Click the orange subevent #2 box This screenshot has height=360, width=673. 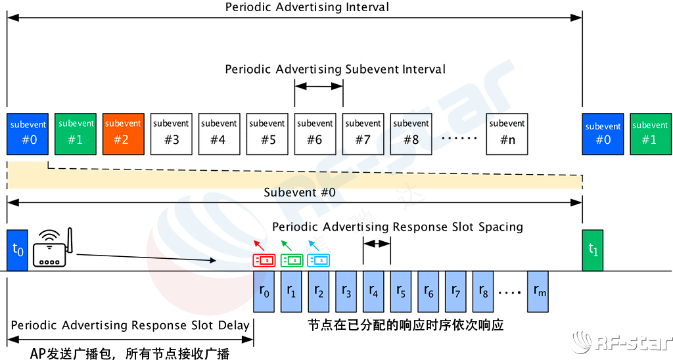coord(124,133)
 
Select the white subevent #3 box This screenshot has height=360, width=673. coord(172,134)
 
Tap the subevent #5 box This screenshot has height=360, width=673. coord(267,134)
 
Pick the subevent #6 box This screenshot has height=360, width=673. coord(315,134)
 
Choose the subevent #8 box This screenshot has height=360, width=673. coord(411,134)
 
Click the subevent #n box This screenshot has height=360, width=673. coord(507,134)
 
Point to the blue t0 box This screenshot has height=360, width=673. coord(19,250)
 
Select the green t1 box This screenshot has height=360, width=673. coord(592,250)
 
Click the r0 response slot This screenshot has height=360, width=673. coord(265,292)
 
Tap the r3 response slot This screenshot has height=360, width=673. coord(347,292)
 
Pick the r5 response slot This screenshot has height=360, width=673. coord(402,292)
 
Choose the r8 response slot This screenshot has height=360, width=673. coord(483,292)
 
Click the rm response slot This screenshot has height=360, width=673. coord(538,292)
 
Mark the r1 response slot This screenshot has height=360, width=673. coord(292,292)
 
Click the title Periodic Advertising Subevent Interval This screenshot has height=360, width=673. coord(335,69)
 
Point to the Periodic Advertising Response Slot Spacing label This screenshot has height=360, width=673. coord(393,227)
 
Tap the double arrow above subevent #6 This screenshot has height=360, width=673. coord(319,86)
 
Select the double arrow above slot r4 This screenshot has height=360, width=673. coord(377,243)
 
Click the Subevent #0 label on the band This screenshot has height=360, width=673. coord(300,193)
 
